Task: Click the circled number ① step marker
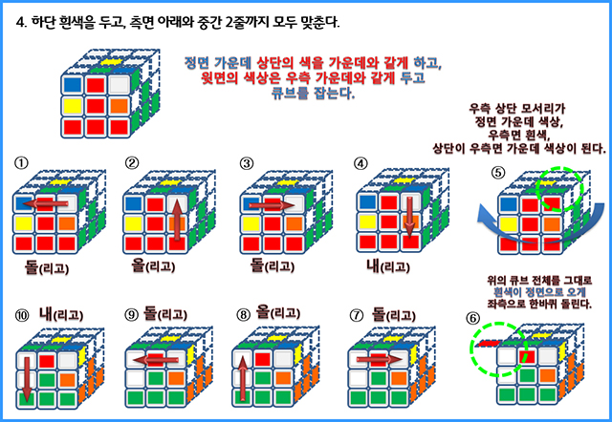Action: [20, 162]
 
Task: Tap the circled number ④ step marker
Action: [361, 162]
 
